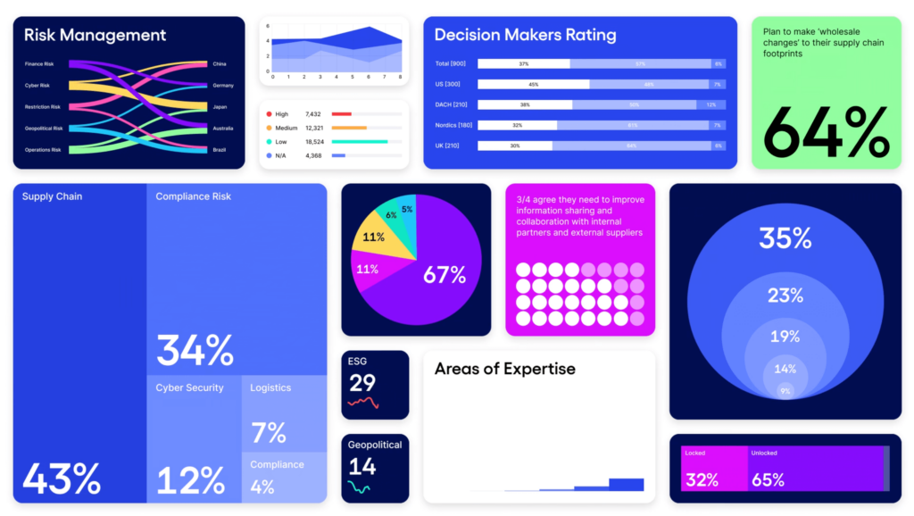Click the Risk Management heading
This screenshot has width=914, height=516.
[x=95, y=36]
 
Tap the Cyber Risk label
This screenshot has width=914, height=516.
[x=37, y=86]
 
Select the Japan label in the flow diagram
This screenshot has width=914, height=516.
[x=220, y=107]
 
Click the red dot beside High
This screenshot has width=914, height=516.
[x=268, y=114]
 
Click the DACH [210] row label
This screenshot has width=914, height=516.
[x=452, y=104]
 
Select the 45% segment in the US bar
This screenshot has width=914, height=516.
[x=533, y=84]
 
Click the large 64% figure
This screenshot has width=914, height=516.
[x=826, y=132]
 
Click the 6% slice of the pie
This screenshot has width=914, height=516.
[x=391, y=216]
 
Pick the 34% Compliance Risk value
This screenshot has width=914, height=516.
[x=195, y=350]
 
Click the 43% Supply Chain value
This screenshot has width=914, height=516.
[x=61, y=479]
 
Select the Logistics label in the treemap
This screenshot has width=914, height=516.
[x=270, y=387]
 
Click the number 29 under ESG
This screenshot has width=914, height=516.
[x=362, y=383]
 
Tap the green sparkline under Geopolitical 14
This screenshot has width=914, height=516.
[x=360, y=487]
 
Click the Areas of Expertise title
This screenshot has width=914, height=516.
[x=504, y=369]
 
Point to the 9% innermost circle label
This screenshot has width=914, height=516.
[x=785, y=391]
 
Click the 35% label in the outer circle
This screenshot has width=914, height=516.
[x=785, y=238]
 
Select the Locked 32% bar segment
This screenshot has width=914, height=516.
[x=712, y=468]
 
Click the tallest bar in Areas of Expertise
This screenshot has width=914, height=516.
[x=626, y=484]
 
